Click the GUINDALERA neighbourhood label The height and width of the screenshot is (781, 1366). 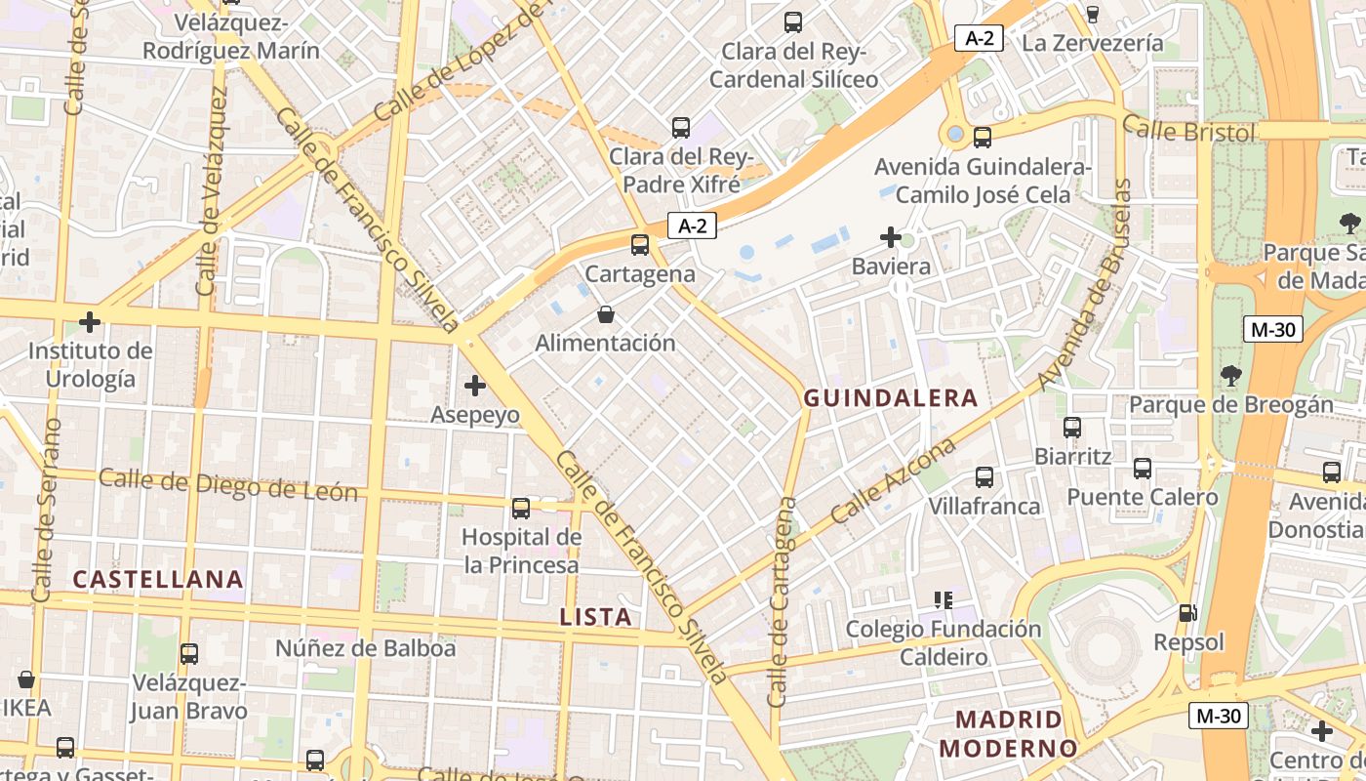point(890,398)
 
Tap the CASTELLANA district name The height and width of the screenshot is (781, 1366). point(158,579)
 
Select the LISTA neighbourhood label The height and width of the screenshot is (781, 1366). point(596,617)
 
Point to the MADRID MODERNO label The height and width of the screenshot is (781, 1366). point(1008,734)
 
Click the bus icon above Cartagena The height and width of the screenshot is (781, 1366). point(640,245)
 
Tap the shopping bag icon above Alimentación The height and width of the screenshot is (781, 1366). point(606,314)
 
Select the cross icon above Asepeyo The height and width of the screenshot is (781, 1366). point(475,386)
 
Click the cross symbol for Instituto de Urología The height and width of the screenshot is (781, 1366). point(90,321)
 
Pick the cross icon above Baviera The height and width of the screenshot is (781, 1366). point(890,237)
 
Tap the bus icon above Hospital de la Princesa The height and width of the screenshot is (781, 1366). point(521,508)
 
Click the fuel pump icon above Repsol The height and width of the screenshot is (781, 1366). point(1187,613)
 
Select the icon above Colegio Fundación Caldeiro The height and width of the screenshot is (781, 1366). point(943,599)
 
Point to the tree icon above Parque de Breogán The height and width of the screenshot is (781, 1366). point(1230,374)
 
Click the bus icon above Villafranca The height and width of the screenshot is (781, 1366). point(984,476)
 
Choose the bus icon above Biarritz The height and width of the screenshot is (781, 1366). point(1072,427)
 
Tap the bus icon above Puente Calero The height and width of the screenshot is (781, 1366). point(1143,468)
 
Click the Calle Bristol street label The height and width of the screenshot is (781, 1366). point(1187,129)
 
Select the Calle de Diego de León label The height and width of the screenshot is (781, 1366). point(228,484)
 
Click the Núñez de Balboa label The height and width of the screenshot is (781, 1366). point(365,648)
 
